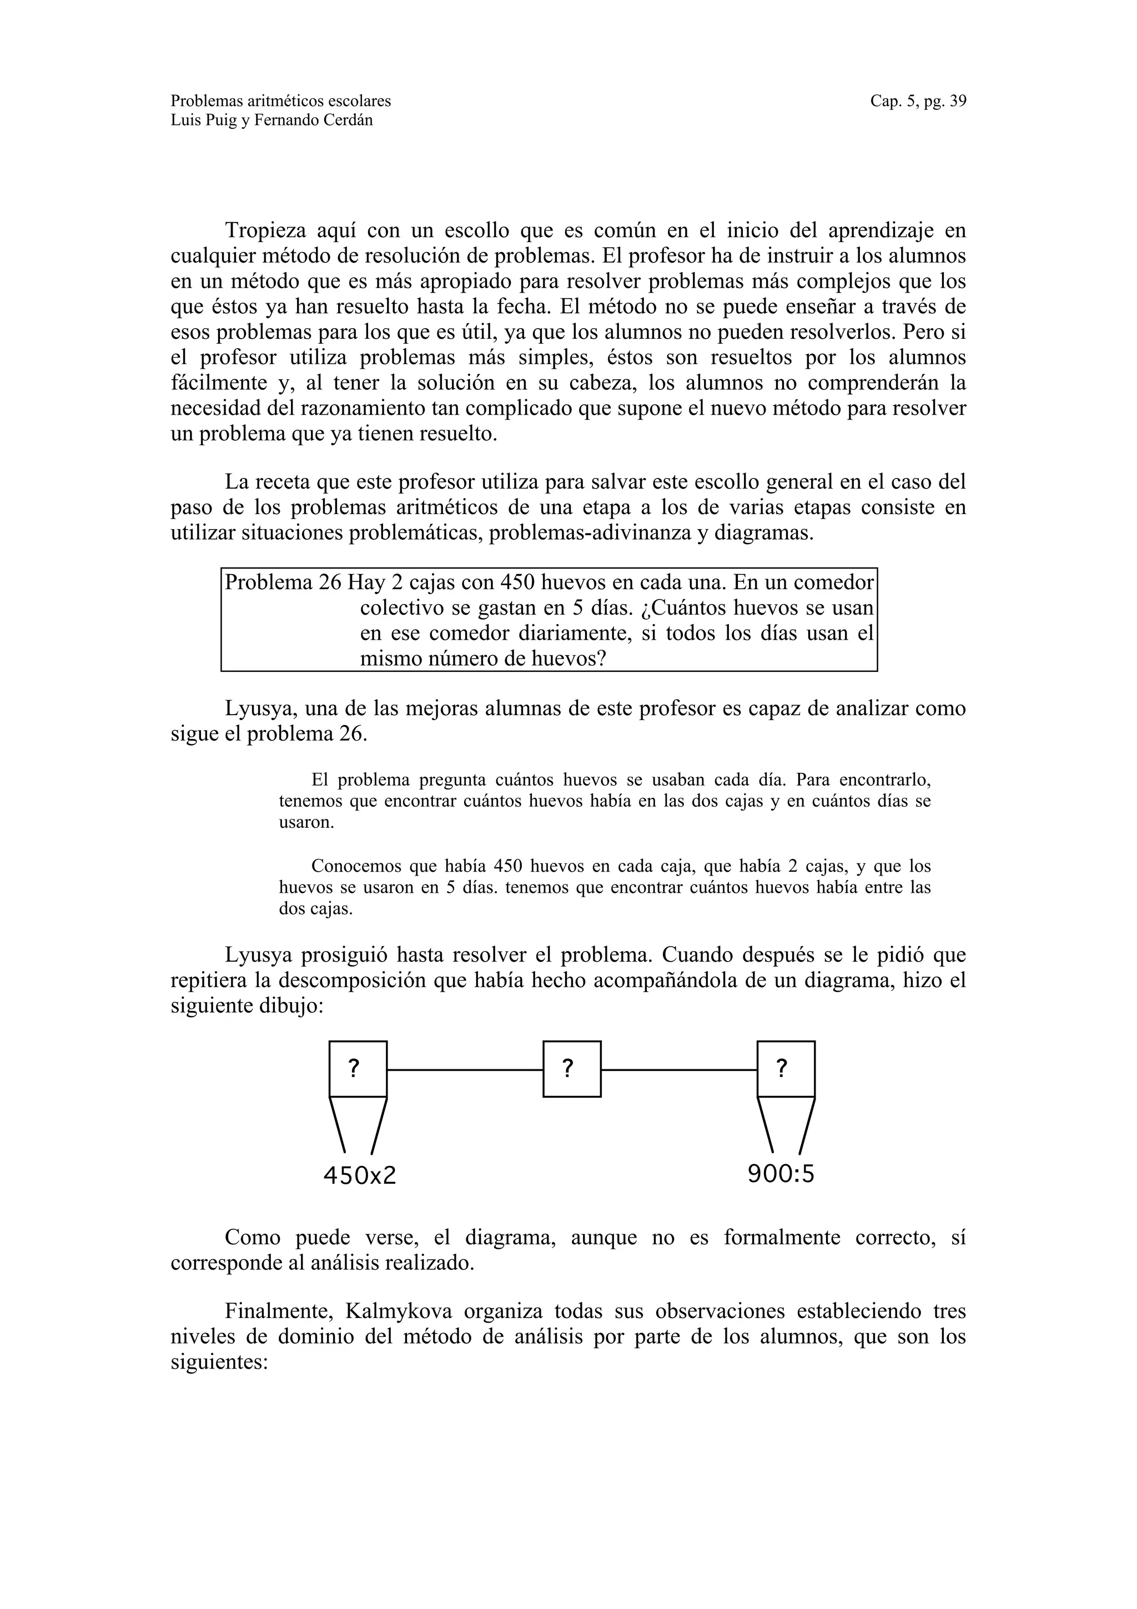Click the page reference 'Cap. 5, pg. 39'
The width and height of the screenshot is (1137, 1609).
pos(918,101)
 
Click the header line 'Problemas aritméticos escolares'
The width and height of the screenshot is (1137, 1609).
pos(281,101)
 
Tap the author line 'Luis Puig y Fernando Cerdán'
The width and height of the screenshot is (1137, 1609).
pos(272,120)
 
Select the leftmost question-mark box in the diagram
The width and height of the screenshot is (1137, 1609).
pos(358,1069)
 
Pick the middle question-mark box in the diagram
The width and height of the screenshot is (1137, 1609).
pos(572,1069)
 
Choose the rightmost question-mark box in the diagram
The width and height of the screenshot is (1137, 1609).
pos(786,1069)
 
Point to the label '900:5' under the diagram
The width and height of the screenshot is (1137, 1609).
pos(781,1173)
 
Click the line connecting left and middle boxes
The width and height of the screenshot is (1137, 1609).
pos(465,1069)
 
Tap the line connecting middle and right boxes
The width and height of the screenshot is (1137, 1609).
pos(679,1069)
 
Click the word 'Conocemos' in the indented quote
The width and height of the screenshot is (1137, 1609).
pos(355,866)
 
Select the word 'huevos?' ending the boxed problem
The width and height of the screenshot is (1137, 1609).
pos(567,658)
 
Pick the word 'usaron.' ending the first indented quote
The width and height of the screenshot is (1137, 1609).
pos(306,822)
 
